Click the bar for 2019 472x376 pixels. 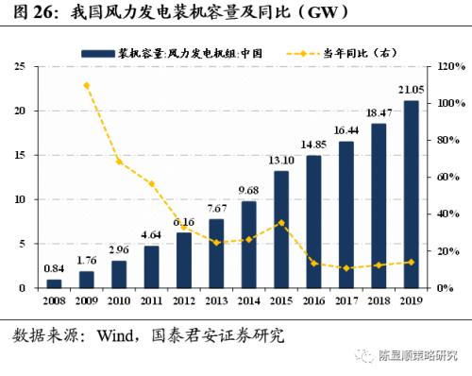point(410,194)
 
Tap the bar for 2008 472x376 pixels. point(54,282)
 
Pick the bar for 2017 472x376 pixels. point(346,214)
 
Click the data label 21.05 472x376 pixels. point(409,91)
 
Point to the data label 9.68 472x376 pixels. point(248,191)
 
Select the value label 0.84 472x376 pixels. point(54,269)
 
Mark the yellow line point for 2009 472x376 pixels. point(86,85)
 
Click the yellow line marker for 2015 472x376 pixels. point(280,223)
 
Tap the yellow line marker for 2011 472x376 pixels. point(151,183)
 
